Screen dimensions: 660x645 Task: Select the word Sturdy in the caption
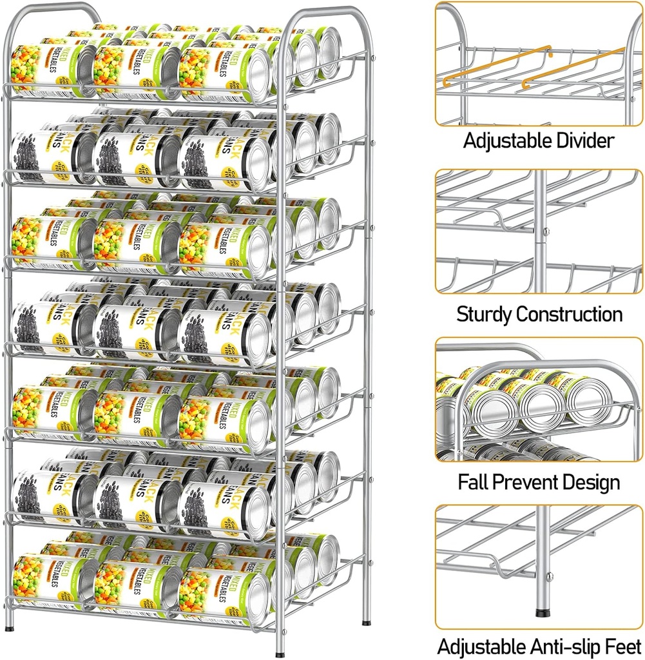[484, 315]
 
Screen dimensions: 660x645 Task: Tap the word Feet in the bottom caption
[624, 646]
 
